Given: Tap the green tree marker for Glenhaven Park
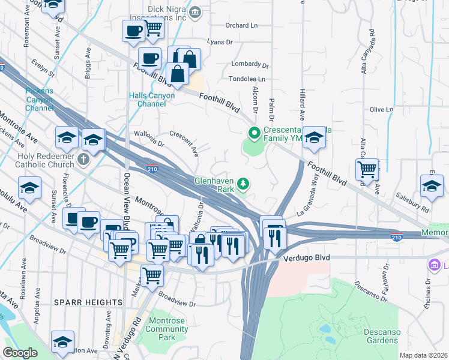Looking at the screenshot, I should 243,182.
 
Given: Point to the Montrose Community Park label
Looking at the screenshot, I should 167,329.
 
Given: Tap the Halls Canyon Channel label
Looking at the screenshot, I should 152,100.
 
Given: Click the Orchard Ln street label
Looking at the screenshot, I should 241,25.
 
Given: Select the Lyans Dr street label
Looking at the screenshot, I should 219,42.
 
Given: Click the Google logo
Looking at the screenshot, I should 20,352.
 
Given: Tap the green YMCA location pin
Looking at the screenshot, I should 254,133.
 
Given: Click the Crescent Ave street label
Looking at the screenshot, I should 184,144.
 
